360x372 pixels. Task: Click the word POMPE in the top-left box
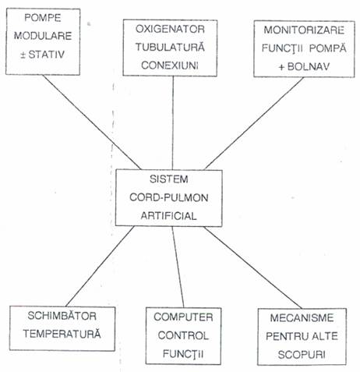(43, 18)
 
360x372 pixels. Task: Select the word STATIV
(46, 55)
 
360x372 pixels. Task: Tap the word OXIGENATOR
(170, 29)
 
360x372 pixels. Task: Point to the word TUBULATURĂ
(170, 47)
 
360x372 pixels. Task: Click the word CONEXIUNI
(170, 66)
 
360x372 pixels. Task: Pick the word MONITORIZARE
(304, 30)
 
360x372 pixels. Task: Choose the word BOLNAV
(309, 66)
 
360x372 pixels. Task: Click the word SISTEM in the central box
(169, 179)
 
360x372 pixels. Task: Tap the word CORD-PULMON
(169, 197)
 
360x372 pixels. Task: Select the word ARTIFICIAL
(169, 216)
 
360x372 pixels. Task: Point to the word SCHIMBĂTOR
(62, 316)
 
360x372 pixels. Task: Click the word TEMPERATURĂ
(62, 334)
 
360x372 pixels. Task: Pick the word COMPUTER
(183, 317)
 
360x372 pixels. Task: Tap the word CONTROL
(183, 335)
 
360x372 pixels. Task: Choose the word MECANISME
(302, 317)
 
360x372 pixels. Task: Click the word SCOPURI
(302, 355)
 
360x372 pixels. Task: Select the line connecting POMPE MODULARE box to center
(92, 122)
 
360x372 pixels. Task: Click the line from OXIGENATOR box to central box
(173, 123)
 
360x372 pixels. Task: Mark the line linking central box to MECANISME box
(252, 267)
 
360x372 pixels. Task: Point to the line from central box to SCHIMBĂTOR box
(101, 266)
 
